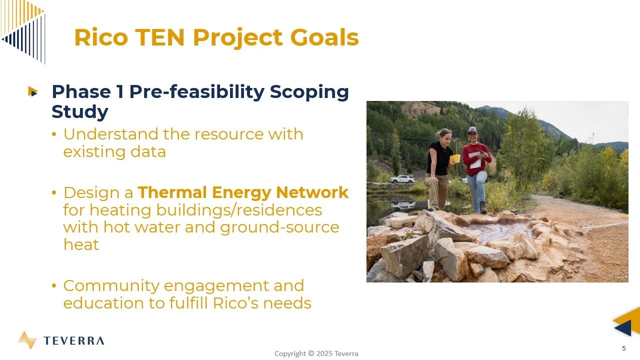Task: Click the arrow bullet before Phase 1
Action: coord(33,91)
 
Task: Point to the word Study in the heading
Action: coord(79,111)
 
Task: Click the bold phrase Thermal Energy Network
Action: coord(243,192)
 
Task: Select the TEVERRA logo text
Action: coord(73,341)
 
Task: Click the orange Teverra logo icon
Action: coord(27,340)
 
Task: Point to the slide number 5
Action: coord(623,348)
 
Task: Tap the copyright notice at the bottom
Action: coord(316,353)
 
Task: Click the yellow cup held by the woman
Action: coord(454,158)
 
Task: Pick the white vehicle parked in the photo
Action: coord(402,178)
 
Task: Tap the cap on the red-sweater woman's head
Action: coord(472,130)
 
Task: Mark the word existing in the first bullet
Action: coord(90,151)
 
